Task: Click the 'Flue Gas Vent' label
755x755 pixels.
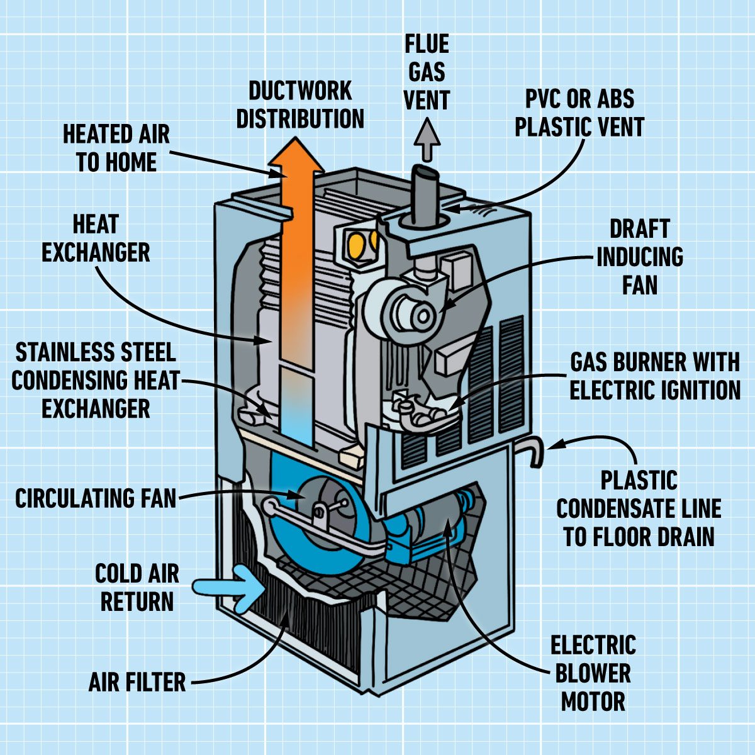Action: tap(427, 72)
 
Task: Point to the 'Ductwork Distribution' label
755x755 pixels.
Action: tap(300, 104)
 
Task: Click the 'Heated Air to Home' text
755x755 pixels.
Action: tap(116, 148)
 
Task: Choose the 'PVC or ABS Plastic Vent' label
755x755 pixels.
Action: tap(579, 113)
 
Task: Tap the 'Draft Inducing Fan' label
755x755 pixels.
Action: tap(639, 257)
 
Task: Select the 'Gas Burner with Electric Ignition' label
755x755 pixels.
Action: tap(654, 376)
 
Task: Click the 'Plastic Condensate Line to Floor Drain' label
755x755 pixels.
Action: tap(639, 508)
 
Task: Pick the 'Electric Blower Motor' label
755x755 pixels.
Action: tap(593, 673)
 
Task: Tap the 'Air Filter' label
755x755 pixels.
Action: tap(137, 682)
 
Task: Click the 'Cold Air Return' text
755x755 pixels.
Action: tap(137, 588)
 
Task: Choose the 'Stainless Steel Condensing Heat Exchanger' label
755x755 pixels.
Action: tap(96, 381)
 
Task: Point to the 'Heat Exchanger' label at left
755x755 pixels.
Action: tap(96, 239)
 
